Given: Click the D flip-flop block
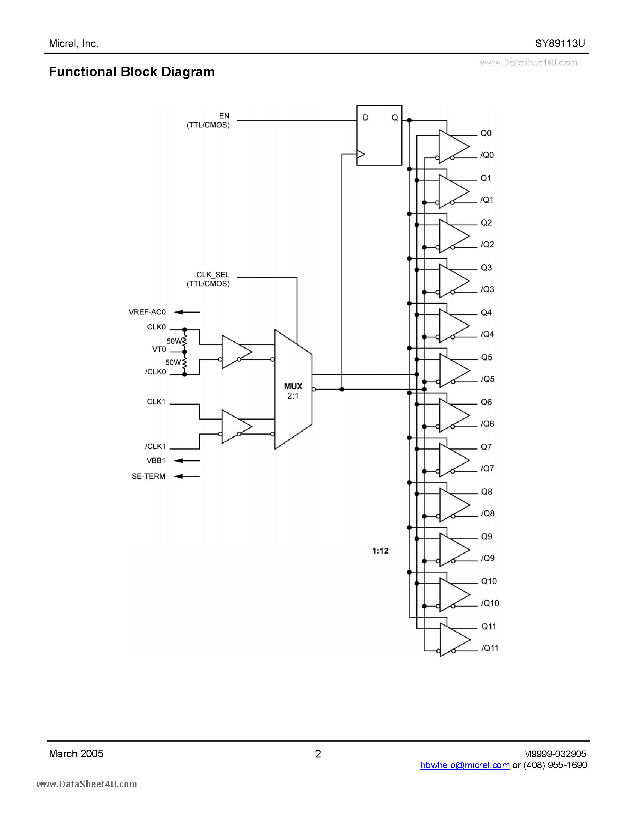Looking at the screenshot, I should [x=379, y=135].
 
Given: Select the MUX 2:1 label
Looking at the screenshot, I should [x=293, y=391].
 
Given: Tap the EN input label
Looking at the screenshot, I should [x=224, y=116].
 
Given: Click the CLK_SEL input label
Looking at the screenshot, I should [x=212, y=275].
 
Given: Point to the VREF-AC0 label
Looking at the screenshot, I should [x=147, y=312].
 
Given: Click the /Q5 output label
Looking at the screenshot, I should [x=488, y=379].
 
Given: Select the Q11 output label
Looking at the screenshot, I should [x=489, y=626].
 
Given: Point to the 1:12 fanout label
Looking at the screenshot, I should [x=380, y=551].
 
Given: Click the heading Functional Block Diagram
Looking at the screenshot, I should [x=132, y=72].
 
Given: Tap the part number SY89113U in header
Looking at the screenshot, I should [x=560, y=44].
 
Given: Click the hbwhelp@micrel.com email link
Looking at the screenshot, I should [x=465, y=765].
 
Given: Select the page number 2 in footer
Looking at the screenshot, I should [x=318, y=754].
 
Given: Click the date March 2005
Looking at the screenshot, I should [x=76, y=754].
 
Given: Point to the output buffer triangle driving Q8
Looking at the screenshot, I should [x=453, y=505].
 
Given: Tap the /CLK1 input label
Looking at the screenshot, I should [x=155, y=446].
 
